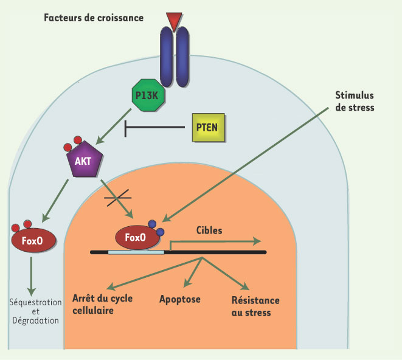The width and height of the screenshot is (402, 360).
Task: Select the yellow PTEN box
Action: pyautogui.click(x=207, y=127)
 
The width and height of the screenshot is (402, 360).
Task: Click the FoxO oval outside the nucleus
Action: pyautogui.click(x=33, y=238)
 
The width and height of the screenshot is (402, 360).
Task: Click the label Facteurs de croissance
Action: pyautogui.click(x=94, y=18)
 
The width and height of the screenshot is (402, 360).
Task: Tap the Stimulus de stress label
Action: pyautogui.click(x=355, y=102)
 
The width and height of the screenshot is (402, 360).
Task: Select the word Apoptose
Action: pyautogui.click(x=180, y=299)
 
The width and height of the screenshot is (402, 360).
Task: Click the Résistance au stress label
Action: pyautogui.click(x=255, y=306)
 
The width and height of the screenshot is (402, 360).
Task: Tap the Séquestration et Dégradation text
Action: pyautogui.click(x=35, y=311)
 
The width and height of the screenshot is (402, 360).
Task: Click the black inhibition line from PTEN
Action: pyautogui.click(x=155, y=128)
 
